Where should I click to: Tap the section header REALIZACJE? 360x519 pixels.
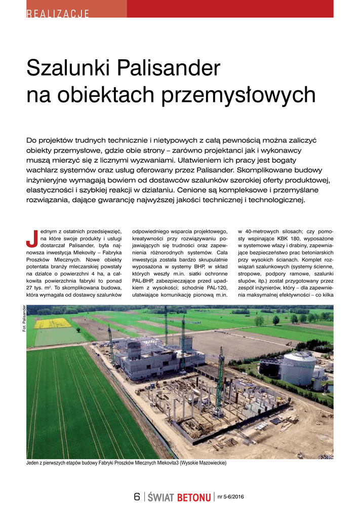[58, 13]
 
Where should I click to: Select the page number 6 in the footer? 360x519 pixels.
[137, 497]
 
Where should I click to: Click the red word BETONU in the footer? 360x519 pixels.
[194, 498]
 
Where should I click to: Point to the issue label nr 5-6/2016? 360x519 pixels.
[230, 496]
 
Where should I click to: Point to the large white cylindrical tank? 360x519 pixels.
[298, 368]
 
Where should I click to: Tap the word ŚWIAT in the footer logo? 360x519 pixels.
[161, 498]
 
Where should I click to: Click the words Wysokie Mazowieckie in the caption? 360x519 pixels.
[204, 463]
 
